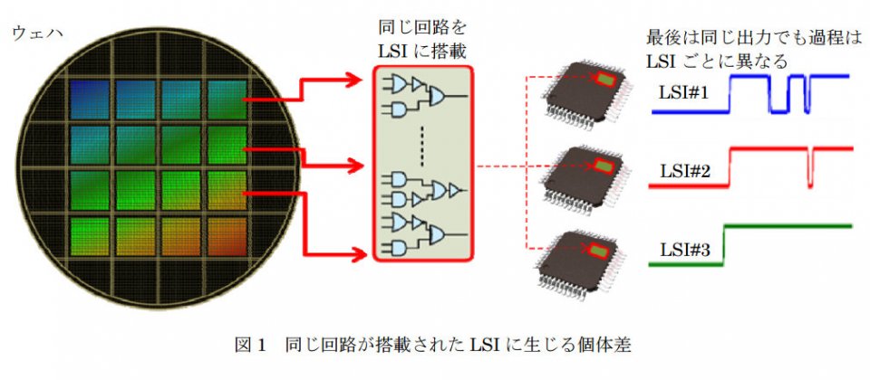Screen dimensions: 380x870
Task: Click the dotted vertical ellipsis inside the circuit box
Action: [x=422, y=142]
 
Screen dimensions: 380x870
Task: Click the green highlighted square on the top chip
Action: [x=603, y=80]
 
